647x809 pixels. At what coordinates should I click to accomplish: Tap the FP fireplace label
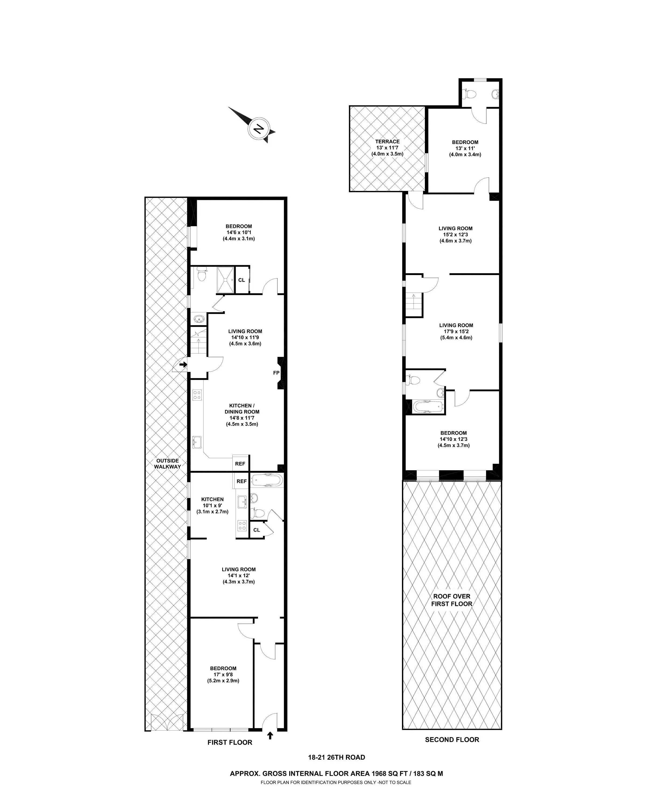coord(276,373)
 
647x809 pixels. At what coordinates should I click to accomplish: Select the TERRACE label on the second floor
coord(387,142)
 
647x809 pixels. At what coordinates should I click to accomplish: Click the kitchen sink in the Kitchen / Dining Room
coord(197,442)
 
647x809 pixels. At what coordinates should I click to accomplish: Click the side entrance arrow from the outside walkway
coord(183,364)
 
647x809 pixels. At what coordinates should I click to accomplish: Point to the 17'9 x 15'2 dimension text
coord(456,331)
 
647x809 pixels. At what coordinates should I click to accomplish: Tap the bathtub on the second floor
coord(428,406)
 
